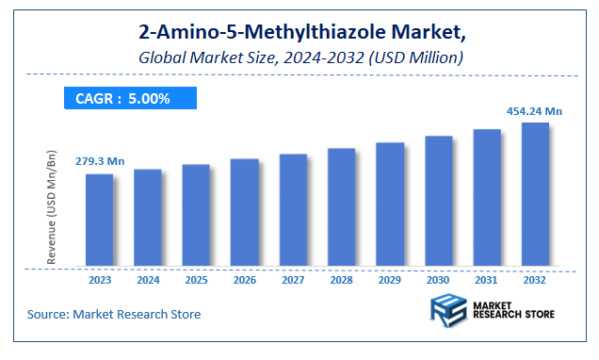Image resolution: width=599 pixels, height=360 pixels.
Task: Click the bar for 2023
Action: [x=99, y=220]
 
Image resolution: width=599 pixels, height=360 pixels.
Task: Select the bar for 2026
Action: [x=245, y=212]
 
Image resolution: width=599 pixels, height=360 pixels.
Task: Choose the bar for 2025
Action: [x=196, y=215]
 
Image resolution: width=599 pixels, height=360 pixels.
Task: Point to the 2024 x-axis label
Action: [x=148, y=280]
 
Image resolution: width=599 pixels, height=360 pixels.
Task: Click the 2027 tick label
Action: [x=293, y=280]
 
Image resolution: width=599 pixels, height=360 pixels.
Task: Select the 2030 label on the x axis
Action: [x=438, y=280]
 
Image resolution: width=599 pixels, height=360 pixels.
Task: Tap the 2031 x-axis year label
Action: [x=487, y=280]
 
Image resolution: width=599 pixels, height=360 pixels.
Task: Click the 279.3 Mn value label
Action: [x=100, y=161]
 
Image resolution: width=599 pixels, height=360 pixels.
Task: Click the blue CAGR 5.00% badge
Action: [x=130, y=98]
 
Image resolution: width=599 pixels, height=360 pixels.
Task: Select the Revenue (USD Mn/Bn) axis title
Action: [x=54, y=206]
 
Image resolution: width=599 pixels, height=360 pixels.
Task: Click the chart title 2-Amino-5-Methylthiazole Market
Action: [x=299, y=34]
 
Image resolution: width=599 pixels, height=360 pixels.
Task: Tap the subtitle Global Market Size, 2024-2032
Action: [x=299, y=57]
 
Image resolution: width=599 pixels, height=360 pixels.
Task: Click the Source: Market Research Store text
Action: [x=113, y=314]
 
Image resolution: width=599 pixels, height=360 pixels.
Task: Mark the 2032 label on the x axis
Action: [x=535, y=280]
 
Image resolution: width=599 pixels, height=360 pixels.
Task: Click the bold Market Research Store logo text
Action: [x=514, y=311]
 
